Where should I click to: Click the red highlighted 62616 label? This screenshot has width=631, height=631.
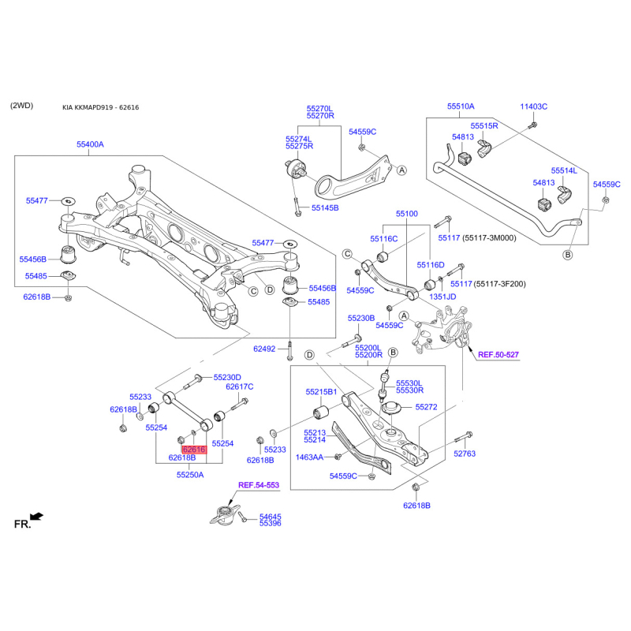[194, 450]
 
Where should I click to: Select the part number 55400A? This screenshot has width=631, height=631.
[90, 145]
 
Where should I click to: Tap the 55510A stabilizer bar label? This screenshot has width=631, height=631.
[461, 106]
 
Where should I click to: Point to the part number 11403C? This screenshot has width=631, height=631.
[533, 106]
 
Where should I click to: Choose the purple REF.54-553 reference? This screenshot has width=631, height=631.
[259, 485]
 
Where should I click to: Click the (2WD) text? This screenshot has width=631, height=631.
[23, 106]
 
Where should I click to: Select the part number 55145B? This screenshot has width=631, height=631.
[324, 208]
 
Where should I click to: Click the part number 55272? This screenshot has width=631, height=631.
[426, 407]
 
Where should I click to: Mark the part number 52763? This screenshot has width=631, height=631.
[466, 453]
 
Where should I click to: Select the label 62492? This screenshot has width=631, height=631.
[265, 349]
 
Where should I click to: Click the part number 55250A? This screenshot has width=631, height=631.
[190, 475]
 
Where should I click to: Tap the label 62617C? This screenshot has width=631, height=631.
[239, 386]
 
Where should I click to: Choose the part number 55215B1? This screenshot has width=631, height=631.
[321, 392]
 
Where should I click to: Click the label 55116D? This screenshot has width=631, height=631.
[431, 266]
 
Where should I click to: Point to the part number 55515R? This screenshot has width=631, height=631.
[484, 126]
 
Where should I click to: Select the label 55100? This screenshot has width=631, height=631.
[407, 214]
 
